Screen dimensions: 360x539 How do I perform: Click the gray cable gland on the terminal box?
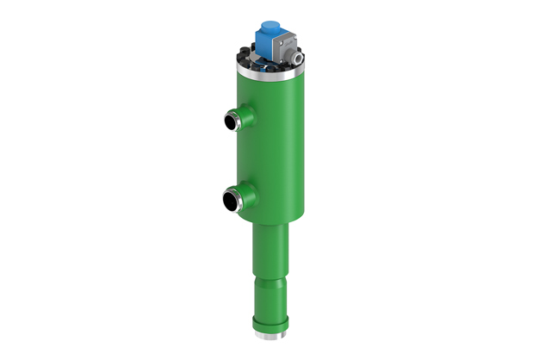(x=295, y=58)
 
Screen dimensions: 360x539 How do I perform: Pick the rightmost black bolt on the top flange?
(x=302, y=64)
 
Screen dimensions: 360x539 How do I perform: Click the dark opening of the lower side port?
(x=229, y=203)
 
